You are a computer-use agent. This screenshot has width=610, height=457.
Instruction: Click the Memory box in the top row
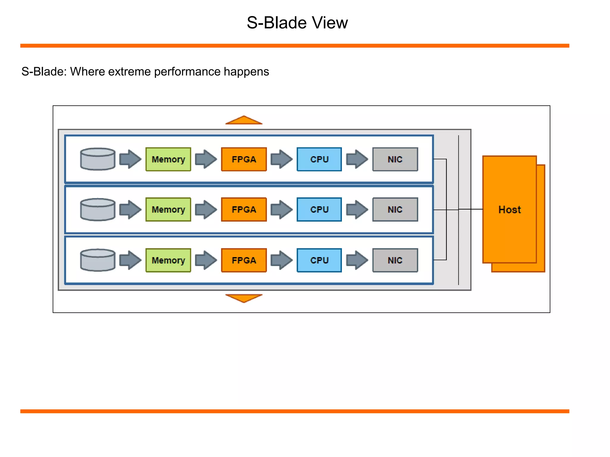coord(168,159)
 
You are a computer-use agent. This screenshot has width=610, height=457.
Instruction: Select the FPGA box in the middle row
coord(244,209)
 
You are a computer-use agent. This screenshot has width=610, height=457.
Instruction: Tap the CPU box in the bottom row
coord(319,260)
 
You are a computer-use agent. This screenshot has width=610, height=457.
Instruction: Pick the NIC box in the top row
coord(395,159)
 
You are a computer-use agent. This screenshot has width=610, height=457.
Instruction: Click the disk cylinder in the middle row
coord(98,209)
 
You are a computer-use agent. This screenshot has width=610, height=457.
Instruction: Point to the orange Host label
coord(509,209)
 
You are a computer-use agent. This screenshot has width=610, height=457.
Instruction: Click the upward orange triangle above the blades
coord(244,120)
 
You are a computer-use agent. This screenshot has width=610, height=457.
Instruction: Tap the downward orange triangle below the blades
coord(244,298)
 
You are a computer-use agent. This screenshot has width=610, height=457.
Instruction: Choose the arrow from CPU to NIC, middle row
coord(357,209)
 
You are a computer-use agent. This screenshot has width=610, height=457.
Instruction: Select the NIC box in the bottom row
coord(395,260)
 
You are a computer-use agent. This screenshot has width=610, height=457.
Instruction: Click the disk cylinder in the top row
coord(98,159)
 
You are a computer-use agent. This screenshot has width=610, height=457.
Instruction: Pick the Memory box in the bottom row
coord(168,260)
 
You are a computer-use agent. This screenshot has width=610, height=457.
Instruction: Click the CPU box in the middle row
coord(319,209)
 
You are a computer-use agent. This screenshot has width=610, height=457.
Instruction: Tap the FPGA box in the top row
coord(244,159)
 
